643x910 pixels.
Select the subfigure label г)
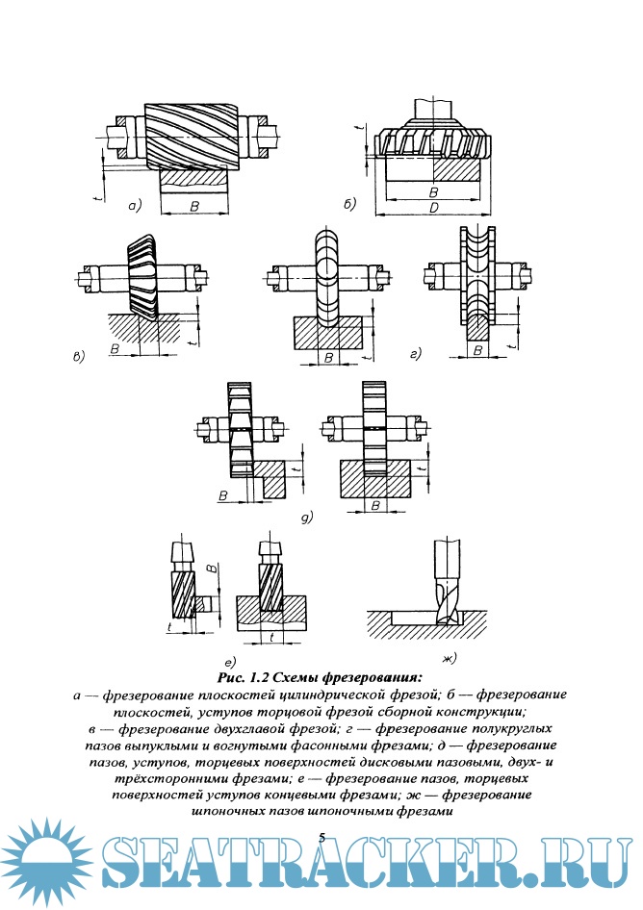coord(416,356)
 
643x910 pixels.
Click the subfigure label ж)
coord(448,658)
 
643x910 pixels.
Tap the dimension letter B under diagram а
coord(194,206)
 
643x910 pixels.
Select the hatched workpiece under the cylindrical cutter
coord(194,179)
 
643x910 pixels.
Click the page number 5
coord(321,838)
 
